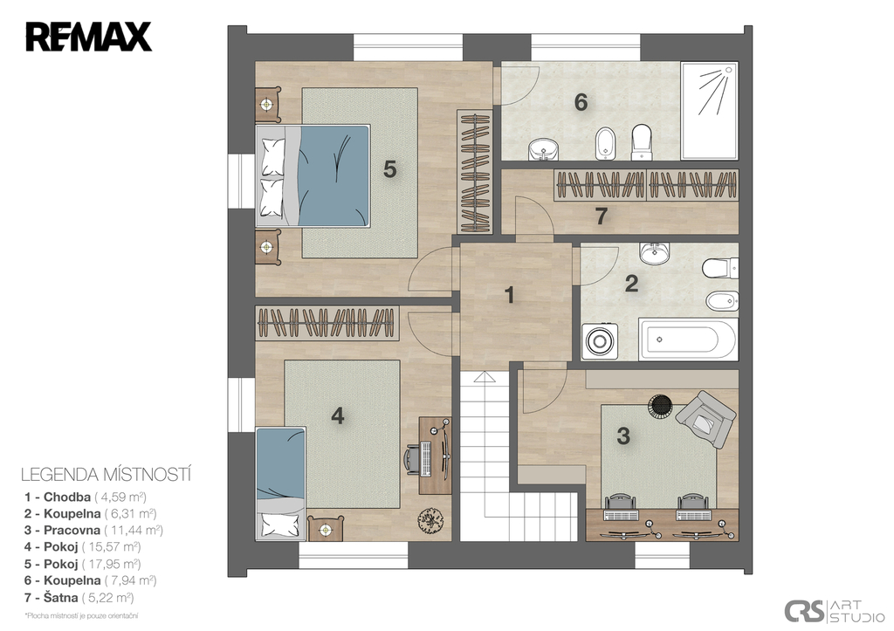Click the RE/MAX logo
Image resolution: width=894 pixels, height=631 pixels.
(88, 37)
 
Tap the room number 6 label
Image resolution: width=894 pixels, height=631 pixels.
(581, 103)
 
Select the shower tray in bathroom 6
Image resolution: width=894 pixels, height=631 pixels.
(710, 111)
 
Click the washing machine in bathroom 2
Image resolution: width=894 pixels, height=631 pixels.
(599, 341)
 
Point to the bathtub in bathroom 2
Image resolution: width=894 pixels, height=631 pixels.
(689, 340)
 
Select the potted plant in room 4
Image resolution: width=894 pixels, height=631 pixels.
(430, 519)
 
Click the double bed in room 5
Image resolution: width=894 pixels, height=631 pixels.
(313, 175)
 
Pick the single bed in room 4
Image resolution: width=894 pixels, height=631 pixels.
(280, 484)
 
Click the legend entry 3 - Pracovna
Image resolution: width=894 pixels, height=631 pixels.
(93, 530)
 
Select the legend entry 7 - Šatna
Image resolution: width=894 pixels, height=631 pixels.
(79, 598)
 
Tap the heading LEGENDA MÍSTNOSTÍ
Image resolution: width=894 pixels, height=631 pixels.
(106, 475)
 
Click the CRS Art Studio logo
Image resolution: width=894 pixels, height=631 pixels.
(834, 610)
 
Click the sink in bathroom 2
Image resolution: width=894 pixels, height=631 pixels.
(655, 253)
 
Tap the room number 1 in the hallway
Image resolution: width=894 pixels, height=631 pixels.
(510, 295)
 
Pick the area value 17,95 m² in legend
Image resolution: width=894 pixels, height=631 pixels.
(111, 565)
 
